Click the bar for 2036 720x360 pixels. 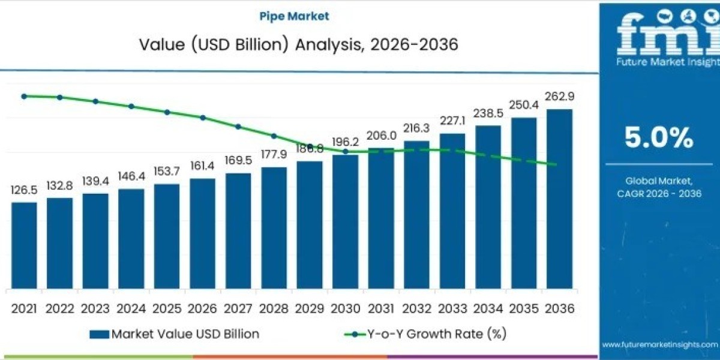[x=559, y=198]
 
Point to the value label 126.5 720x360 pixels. [x=24, y=190]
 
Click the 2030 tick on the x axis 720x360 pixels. [x=345, y=308]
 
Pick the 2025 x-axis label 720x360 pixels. [x=167, y=308]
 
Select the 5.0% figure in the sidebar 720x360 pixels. [x=659, y=139]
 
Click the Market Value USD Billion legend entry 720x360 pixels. [x=175, y=334]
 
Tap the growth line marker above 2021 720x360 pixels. [x=24, y=96]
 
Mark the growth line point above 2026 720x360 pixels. [x=203, y=118]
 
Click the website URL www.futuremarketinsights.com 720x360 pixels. [x=659, y=344]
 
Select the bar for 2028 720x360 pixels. [x=274, y=227]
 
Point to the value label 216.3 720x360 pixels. [x=416, y=128]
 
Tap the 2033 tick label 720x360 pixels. [x=452, y=308]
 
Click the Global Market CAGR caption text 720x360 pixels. [x=659, y=187]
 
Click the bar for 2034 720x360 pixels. [x=488, y=206]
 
